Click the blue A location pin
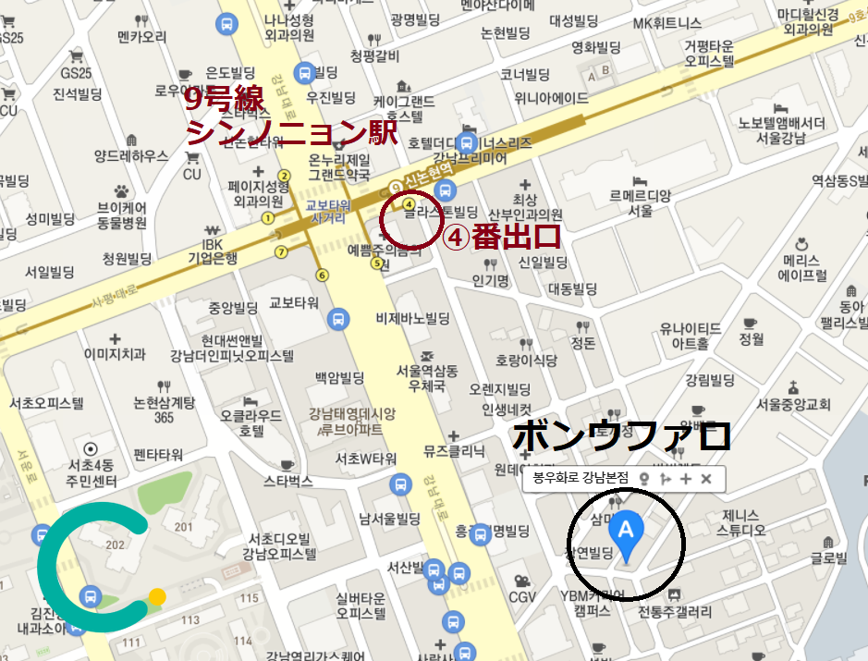pyautogui.click(x=626, y=533)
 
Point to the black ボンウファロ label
pyautogui.click(x=621, y=435)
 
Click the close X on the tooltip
pyautogui.click(x=706, y=478)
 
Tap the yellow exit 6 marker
pyautogui.click(x=322, y=274)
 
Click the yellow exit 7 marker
pyautogui.click(x=280, y=251)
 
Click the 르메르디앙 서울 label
pyautogui.click(x=641, y=202)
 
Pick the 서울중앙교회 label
pyautogui.click(x=792, y=404)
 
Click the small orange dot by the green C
pyautogui.click(x=157, y=596)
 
